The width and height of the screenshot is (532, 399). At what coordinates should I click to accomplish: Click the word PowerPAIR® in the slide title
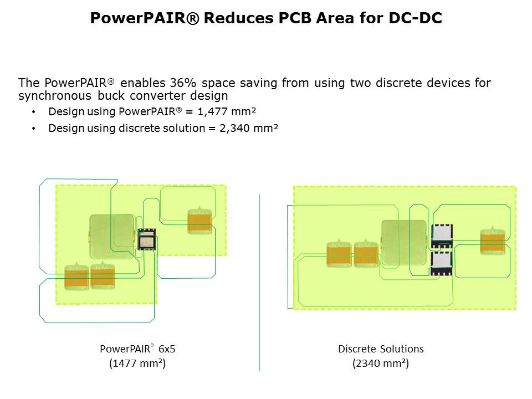(145, 18)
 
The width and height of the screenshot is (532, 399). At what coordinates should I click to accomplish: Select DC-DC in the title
(415, 18)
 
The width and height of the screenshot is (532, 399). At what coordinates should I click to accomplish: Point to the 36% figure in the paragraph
(183, 83)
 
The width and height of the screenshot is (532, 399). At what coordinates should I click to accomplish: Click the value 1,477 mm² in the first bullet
(227, 111)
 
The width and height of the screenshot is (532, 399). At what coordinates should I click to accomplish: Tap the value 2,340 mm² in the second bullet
(249, 128)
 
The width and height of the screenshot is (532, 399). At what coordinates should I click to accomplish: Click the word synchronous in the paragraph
(55, 96)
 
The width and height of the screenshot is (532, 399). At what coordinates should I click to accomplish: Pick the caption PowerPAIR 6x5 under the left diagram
(137, 349)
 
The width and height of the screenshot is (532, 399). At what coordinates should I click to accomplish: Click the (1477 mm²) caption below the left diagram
(137, 364)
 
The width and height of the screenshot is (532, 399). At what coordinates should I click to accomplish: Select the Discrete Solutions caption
(381, 349)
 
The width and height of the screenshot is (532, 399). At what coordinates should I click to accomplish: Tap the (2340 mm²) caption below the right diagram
(381, 364)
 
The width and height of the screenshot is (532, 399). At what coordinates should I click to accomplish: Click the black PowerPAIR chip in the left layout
(146, 239)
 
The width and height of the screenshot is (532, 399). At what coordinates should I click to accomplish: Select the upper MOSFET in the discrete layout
(442, 236)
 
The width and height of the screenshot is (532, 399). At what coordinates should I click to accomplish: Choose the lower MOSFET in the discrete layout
(442, 263)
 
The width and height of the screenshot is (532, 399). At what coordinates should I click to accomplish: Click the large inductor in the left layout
(112, 237)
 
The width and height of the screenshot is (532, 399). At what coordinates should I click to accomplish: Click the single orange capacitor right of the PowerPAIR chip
(200, 221)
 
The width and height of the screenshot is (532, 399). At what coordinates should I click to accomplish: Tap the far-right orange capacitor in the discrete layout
(493, 241)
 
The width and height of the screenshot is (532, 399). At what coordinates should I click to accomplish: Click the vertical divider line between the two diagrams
(259, 282)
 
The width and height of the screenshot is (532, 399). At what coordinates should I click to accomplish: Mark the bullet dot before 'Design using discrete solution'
(33, 129)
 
